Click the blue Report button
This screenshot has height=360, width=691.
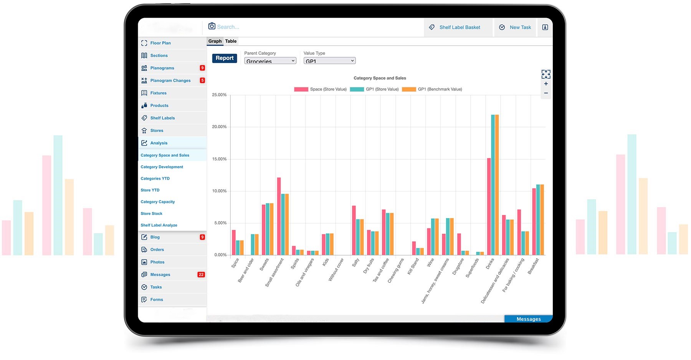(x=225, y=58)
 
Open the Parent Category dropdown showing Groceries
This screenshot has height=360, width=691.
(x=270, y=61)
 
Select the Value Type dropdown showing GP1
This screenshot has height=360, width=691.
(x=329, y=61)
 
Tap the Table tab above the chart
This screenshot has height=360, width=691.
(x=231, y=41)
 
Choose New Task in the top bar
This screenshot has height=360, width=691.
(x=515, y=27)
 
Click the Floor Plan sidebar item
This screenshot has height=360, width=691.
(x=160, y=43)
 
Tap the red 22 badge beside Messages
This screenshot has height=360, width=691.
(x=201, y=274)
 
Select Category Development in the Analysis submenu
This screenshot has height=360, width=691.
(x=162, y=167)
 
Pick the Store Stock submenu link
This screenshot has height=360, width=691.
(x=151, y=213)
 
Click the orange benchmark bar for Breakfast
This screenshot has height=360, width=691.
(x=542, y=220)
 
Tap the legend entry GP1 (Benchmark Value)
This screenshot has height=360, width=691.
(x=432, y=89)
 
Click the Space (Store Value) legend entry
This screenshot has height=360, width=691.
(x=321, y=89)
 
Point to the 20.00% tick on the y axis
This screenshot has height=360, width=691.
(x=219, y=127)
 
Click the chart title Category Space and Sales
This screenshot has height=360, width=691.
(x=380, y=78)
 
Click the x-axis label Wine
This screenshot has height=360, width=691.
(x=430, y=263)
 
